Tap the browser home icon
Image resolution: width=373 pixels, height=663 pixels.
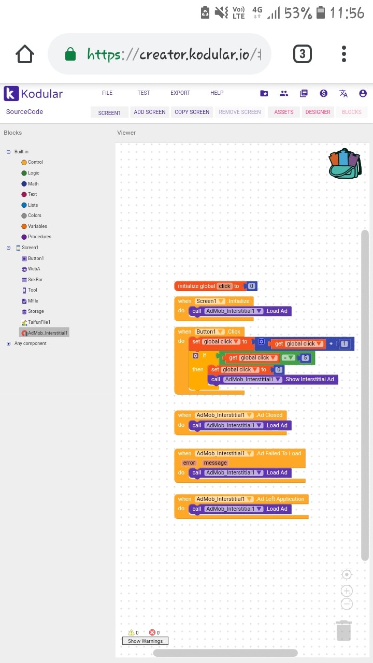(x=25, y=54)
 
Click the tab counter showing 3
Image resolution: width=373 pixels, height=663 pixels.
(x=303, y=54)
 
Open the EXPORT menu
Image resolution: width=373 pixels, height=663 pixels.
(x=180, y=93)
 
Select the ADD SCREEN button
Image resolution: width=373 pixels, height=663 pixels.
(x=150, y=112)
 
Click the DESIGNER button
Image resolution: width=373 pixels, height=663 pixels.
(x=318, y=112)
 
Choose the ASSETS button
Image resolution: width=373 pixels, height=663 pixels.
(x=284, y=112)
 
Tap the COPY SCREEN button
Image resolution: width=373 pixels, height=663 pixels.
(x=192, y=112)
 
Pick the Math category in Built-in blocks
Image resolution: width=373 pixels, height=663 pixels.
(x=33, y=184)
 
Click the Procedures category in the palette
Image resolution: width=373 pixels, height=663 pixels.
(x=39, y=237)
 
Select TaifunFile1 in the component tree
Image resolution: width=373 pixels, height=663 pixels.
(x=39, y=322)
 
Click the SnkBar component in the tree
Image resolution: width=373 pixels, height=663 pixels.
(x=35, y=280)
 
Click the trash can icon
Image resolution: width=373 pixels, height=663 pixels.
(x=343, y=630)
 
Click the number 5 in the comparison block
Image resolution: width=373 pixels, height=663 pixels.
(x=306, y=358)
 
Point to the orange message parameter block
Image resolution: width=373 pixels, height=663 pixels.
(x=215, y=463)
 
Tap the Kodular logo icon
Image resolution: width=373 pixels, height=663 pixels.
(x=11, y=94)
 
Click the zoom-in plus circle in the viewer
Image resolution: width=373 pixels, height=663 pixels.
(x=347, y=591)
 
